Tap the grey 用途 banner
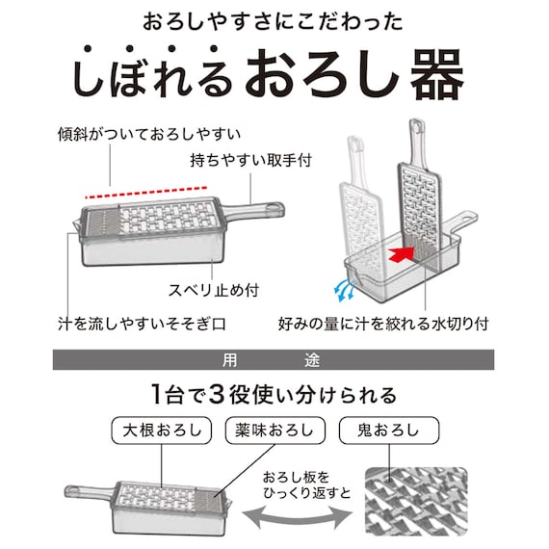tap(274, 361)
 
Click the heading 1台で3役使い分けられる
tap(274, 395)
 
